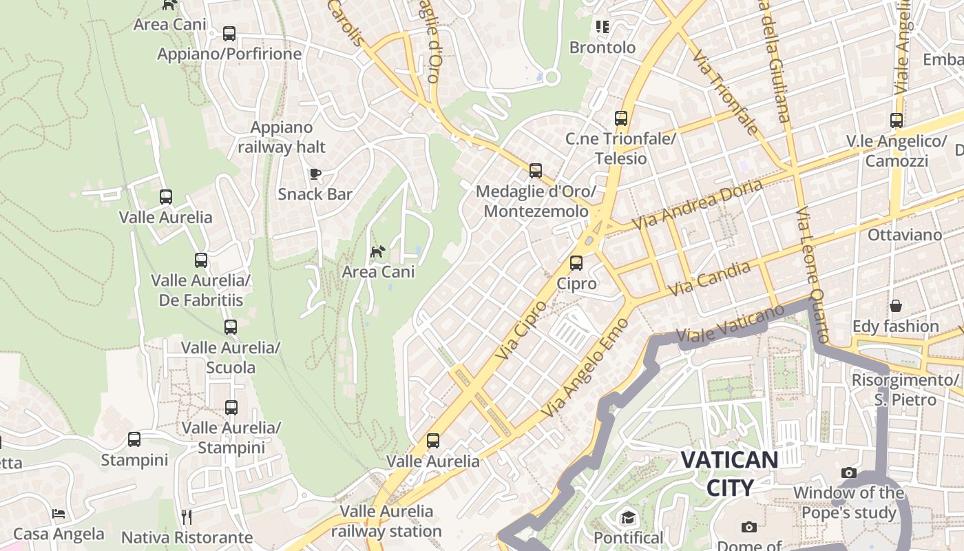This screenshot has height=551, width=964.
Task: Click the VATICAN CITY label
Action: (730, 473)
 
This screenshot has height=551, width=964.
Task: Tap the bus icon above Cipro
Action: (576, 263)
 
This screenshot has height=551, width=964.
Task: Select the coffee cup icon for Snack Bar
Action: (315, 174)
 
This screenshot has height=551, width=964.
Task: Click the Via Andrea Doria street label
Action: (697, 205)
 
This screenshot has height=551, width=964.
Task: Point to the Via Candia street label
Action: (709, 279)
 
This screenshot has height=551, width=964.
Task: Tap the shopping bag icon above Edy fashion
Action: (896, 305)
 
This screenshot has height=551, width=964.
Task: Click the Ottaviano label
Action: (905, 235)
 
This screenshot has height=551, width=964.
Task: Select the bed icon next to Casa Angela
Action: (59, 514)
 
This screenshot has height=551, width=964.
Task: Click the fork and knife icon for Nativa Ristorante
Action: (186, 517)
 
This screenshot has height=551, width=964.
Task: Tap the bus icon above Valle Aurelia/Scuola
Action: (231, 326)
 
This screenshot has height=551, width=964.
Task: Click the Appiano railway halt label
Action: (282, 137)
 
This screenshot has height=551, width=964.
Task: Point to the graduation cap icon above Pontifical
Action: (628, 518)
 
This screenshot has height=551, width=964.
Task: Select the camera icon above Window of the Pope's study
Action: (848, 472)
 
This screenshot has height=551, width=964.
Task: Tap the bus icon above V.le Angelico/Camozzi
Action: (896, 121)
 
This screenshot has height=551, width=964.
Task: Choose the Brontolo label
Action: (602, 48)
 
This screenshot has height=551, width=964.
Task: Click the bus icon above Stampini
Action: (134, 439)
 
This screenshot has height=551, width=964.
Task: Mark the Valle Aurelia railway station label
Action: (386, 521)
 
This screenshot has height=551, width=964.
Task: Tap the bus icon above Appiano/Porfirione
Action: (229, 33)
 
